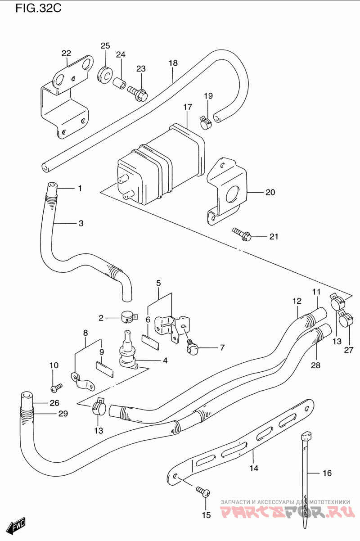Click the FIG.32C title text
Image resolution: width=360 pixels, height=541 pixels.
pyautogui.click(x=38, y=9)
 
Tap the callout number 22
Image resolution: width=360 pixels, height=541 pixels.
pyautogui.click(x=66, y=53)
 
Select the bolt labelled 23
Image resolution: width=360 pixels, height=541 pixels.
pyautogui.click(x=137, y=93)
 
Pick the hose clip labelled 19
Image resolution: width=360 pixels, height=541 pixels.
pyautogui.click(x=206, y=123)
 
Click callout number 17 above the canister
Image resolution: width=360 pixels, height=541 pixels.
pyautogui.click(x=188, y=107)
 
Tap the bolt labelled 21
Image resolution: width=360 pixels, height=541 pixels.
pyautogui.click(x=242, y=234)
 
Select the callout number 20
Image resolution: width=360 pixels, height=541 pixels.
pyautogui.click(x=270, y=192)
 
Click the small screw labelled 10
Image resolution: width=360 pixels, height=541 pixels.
pyautogui.click(x=57, y=388)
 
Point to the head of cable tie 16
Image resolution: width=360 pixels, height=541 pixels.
pyautogui.click(x=306, y=437)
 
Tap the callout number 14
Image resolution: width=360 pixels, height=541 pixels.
pyautogui.click(x=254, y=468)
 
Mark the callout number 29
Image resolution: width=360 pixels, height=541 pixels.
pyautogui.click(x=63, y=414)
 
